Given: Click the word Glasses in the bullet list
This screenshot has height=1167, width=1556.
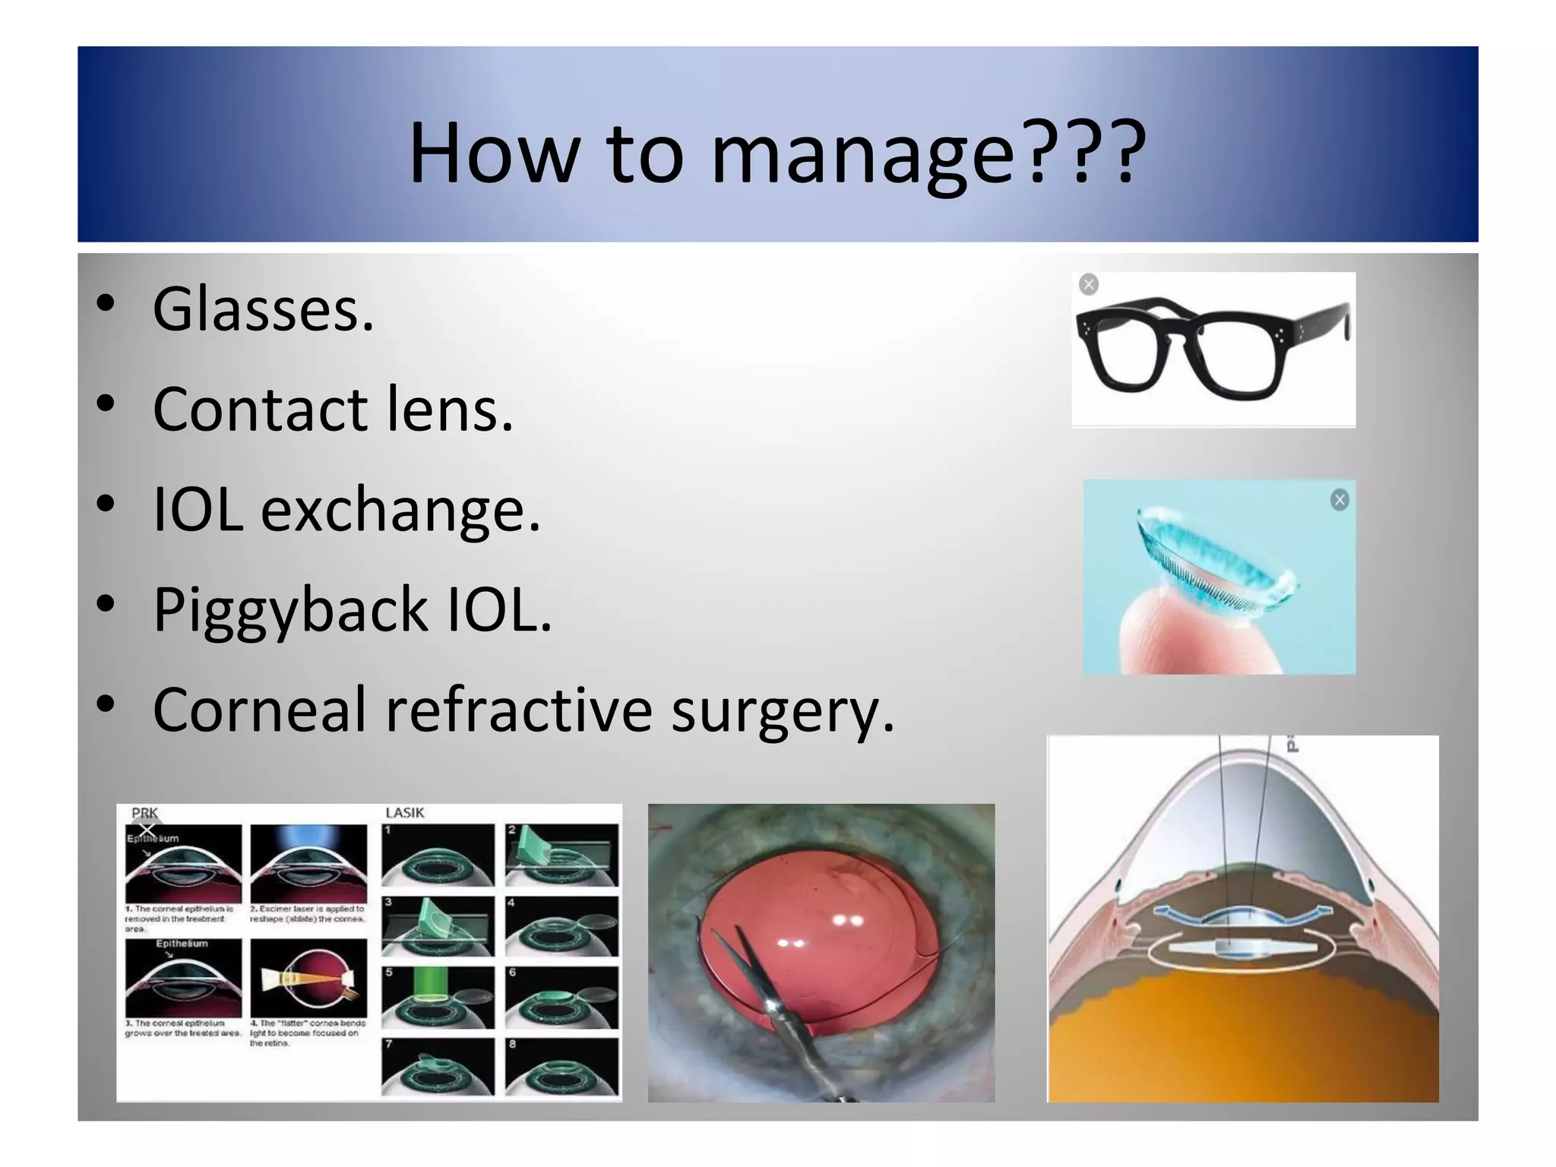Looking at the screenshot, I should click(x=263, y=309).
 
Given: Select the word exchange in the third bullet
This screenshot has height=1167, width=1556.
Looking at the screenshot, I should click(x=400, y=509).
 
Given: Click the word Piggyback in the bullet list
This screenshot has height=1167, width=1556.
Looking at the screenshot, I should click(x=290, y=609).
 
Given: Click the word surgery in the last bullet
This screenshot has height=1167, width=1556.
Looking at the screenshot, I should click(x=783, y=710).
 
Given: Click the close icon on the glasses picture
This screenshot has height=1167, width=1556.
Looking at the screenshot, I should click(x=1089, y=285).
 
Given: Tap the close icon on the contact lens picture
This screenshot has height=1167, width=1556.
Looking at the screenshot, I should click(x=1339, y=500).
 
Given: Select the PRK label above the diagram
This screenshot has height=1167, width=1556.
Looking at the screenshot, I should click(x=144, y=813).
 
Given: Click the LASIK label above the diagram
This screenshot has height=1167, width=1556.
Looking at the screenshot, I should click(x=404, y=813).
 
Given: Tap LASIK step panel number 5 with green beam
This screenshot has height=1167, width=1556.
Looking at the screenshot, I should click(x=438, y=998).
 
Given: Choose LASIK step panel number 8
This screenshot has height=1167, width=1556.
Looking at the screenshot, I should click(x=561, y=1067).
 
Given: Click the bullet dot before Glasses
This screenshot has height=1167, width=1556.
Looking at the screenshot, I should click(x=106, y=303).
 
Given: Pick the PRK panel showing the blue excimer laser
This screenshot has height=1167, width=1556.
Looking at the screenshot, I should click(x=308, y=863).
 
